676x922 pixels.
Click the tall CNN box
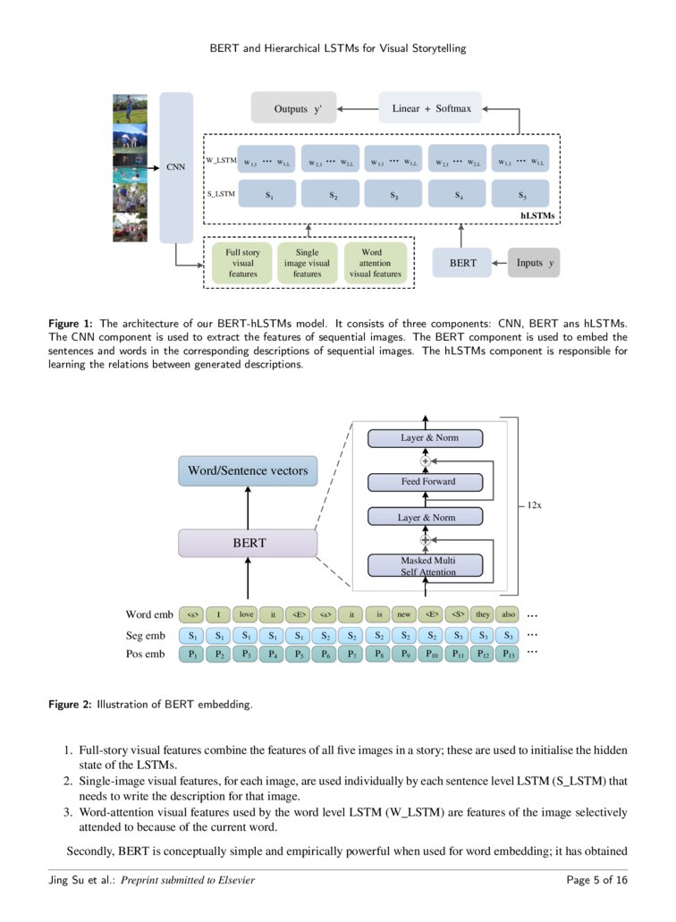pyautogui.click(x=176, y=167)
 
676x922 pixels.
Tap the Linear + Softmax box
pyautogui.click(x=431, y=108)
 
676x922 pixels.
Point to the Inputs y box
pyautogui.click(x=534, y=263)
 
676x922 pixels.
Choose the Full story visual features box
pyautogui.click(x=242, y=263)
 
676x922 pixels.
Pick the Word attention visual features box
pyautogui.click(x=376, y=263)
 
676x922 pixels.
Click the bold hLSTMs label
pyautogui.click(x=538, y=216)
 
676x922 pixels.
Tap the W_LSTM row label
pyautogui.click(x=220, y=160)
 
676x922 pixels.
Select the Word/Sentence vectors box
pyautogui.click(x=248, y=470)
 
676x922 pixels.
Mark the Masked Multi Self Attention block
pyautogui.click(x=426, y=566)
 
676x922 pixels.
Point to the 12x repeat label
pyautogui.click(x=535, y=505)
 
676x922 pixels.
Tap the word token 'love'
pyautogui.click(x=245, y=614)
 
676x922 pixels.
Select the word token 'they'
pyautogui.click(x=483, y=614)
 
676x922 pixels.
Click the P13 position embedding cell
pyautogui.click(x=509, y=655)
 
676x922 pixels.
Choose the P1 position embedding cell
pyautogui.click(x=191, y=655)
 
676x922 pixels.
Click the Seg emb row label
pyautogui.click(x=146, y=636)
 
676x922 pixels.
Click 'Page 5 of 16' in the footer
pyautogui.click(x=597, y=881)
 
